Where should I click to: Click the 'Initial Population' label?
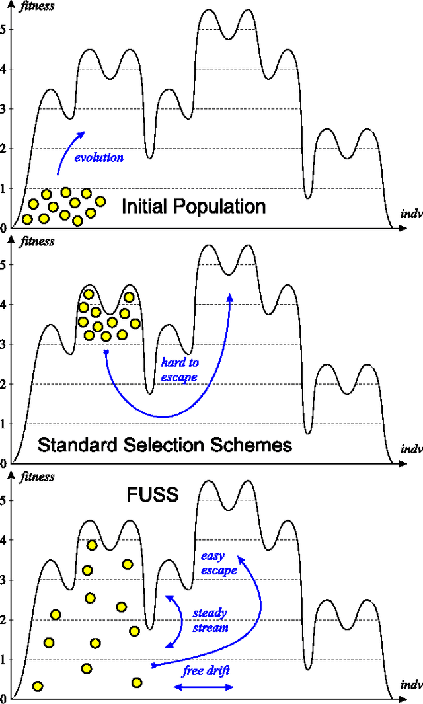tap(193, 206)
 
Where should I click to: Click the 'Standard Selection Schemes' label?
tap(165, 444)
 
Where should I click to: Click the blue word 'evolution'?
tap(98, 158)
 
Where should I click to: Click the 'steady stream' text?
tap(210, 620)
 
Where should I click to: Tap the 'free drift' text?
tap(206, 670)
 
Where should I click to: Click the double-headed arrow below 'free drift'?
tap(203, 687)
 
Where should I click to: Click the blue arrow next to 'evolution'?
tap(68, 151)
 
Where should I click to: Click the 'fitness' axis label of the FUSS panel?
tap(37, 477)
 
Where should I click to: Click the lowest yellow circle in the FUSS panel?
tap(38, 686)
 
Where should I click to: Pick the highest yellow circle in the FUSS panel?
tap(92, 545)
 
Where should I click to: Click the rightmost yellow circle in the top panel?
tap(100, 201)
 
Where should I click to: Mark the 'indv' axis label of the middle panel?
tap(411, 450)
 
